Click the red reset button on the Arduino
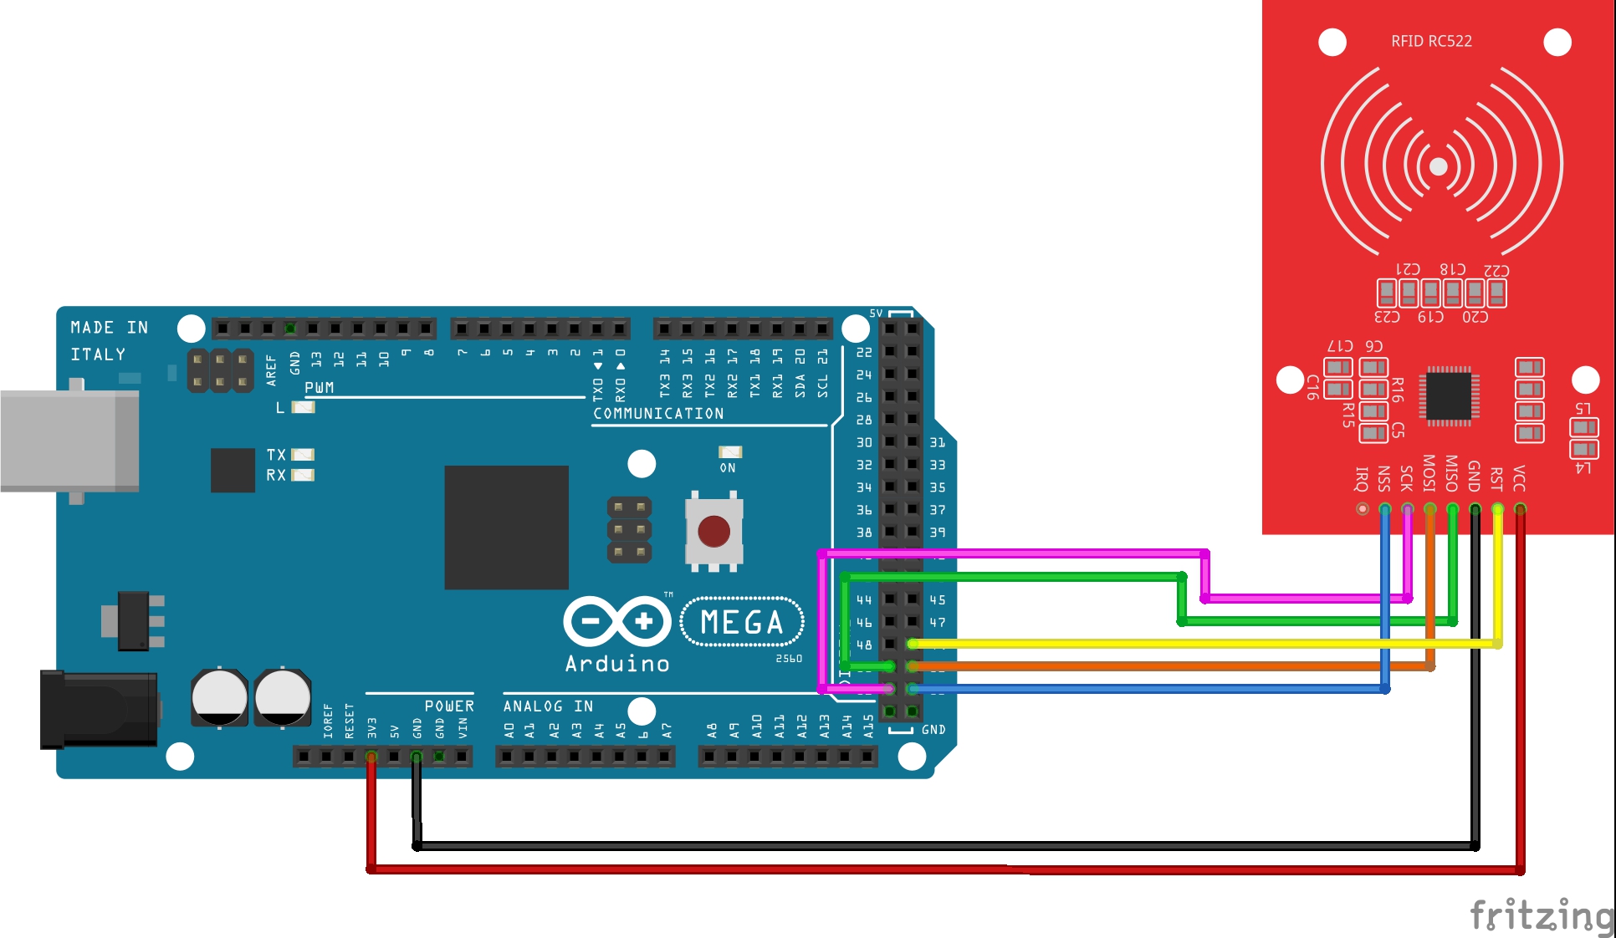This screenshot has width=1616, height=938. click(713, 531)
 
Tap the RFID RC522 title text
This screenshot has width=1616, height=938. click(1431, 41)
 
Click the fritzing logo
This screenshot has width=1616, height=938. click(1541, 915)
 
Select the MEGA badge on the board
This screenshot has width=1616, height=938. click(742, 622)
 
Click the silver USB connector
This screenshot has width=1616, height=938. click(69, 441)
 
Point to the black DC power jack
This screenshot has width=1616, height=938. click(99, 709)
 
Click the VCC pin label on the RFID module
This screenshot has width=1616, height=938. click(1520, 478)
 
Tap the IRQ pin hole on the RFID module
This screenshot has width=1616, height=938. click(1363, 508)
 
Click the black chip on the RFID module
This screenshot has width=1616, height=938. click(1449, 395)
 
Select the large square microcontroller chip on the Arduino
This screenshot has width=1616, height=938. click(506, 528)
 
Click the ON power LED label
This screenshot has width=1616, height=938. click(728, 468)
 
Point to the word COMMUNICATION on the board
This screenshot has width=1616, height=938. click(658, 414)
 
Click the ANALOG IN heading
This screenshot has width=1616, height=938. click(548, 706)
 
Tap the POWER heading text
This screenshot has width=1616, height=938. click(448, 706)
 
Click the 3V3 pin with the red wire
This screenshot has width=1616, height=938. click(371, 757)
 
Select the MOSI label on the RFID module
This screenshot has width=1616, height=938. click(1429, 473)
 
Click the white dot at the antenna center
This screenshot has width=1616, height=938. click(1439, 166)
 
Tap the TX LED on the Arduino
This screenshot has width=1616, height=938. click(303, 455)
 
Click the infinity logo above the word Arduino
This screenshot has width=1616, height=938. click(617, 621)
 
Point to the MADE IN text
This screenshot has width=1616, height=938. click(109, 328)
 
